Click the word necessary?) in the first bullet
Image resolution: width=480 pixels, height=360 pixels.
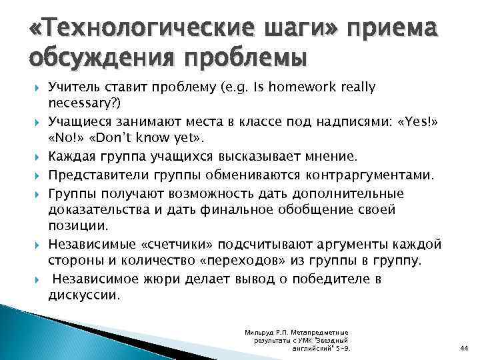point(82,104)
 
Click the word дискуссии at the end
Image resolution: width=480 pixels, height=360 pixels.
point(83,294)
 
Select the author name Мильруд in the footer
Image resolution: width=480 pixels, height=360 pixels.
point(261,331)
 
